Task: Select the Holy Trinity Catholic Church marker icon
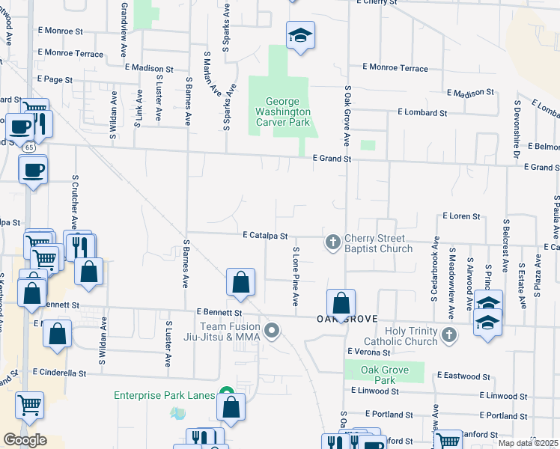pos(448,334)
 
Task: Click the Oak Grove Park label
pos(384,375)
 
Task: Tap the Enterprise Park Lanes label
pos(164,395)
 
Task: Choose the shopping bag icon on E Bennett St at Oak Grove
pos(341,304)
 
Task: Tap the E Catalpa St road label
pos(265,235)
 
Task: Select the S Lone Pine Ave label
pos(296,277)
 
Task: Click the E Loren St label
pos(461,216)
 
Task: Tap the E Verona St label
pos(370,351)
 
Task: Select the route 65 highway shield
pos(28,147)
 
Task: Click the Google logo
pos(25,440)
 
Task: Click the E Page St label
pos(54,79)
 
